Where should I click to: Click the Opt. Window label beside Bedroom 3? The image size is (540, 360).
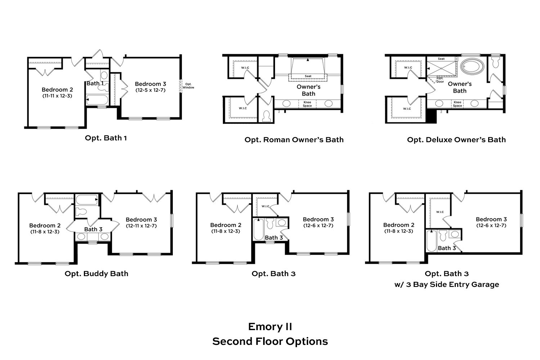[188, 86]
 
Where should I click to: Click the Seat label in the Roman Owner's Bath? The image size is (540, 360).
[308, 76]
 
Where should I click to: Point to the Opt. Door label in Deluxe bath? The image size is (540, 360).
[440, 80]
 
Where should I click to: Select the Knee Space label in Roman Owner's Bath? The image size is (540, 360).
[307, 104]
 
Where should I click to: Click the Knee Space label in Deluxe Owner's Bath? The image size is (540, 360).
[457, 104]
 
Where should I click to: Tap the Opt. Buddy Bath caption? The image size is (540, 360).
[96, 274]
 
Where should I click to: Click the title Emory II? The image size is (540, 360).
[270, 327]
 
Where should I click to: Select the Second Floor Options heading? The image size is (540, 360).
[270, 341]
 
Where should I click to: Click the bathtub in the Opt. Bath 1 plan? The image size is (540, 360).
[97, 100]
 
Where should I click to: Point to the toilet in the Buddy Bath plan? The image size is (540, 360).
[81, 212]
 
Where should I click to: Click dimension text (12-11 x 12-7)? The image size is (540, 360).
[141, 226]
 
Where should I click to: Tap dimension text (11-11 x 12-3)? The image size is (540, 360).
[57, 96]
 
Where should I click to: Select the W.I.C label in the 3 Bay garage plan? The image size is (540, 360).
[440, 212]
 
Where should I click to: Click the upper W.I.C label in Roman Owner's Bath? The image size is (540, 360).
[245, 68]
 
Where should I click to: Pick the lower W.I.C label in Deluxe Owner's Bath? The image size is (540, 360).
[407, 109]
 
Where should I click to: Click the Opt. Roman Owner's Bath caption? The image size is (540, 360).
[294, 140]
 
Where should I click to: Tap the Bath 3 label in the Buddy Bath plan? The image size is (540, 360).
[93, 229]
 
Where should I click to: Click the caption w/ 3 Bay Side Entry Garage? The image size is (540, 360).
[447, 284]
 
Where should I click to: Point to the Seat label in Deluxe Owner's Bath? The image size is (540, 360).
[441, 59]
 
